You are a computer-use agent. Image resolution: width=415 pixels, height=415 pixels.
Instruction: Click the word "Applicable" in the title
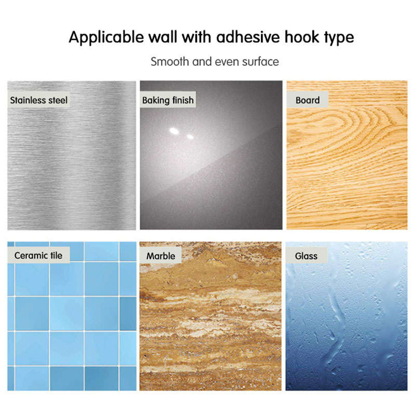point(106,37)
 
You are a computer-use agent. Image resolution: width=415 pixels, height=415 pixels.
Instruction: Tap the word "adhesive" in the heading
point(248,37)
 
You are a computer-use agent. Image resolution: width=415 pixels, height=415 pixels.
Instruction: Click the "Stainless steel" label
point(38,100)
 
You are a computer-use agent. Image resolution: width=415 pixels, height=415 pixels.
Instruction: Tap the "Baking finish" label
point(168,100)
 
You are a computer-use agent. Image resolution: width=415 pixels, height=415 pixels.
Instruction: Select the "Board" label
point(308,100)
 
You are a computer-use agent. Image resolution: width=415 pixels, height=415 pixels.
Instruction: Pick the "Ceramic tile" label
point(38,255)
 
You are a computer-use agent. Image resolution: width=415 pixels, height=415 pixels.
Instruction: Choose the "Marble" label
point(161,256)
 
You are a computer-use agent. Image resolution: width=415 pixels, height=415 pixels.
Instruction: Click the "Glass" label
point(306,256)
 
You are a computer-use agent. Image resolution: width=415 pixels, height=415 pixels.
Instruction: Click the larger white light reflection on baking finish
point(174,131)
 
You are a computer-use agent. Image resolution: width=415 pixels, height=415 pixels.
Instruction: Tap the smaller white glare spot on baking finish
point(190,136)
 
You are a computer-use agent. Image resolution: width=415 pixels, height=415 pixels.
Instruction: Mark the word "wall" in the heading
point(162,37)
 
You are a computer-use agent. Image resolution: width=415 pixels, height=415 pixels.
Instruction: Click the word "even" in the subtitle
point(227,62)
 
